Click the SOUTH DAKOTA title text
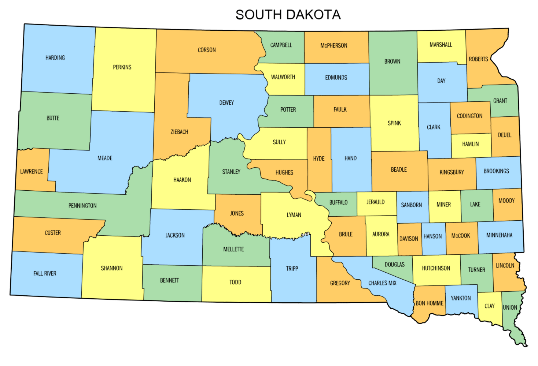coord(288,15)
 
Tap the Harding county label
coord(55,57)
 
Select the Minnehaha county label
coord(499,235)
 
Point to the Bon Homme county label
coord(429,303)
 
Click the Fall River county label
coord(45,273)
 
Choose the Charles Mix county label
coord(382,283)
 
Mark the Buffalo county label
coord(338,202)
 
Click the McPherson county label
coord(334,46)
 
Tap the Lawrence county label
coord(32,171)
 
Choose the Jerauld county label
coord(376,202)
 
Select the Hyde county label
coord(318,158)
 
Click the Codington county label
coord(469,116)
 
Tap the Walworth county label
coord(283,77)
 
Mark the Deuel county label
coord(504,135)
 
